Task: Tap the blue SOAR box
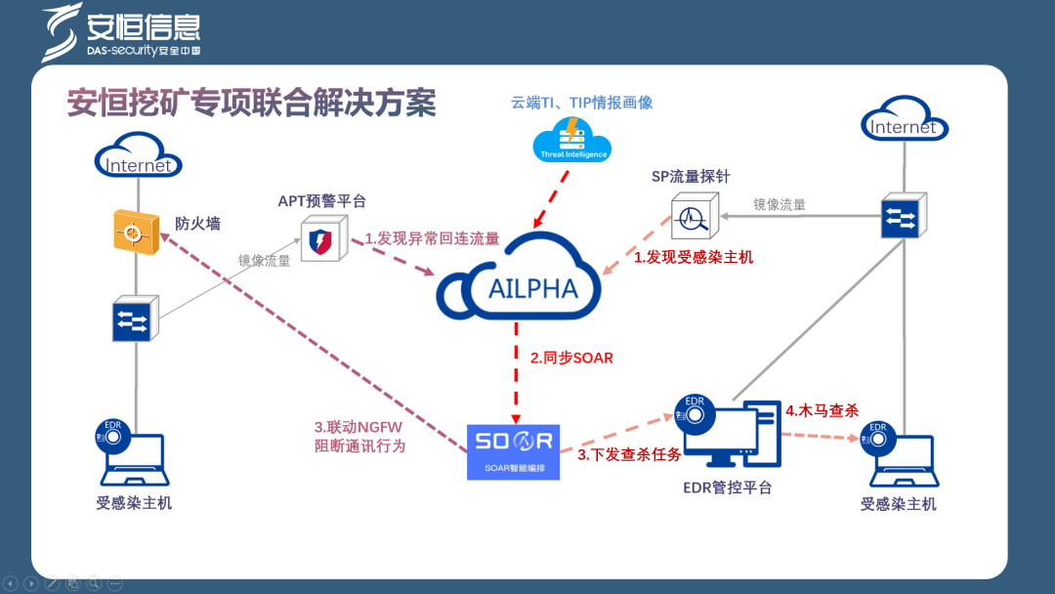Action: click(514, 450)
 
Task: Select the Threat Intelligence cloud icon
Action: click(571, 140)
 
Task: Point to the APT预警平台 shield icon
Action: click(320, 240)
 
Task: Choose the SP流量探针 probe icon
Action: click(695, 216)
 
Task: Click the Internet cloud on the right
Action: click(904, 123)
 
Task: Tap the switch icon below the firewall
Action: click(133, 318)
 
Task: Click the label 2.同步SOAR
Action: click(571, 358)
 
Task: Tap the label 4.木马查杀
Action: click(823, 410)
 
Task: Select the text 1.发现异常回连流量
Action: click(432, 238)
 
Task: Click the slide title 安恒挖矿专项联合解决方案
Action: click(251, 102)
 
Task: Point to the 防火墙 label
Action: click(197, 224)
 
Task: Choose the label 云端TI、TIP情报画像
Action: click(581, 102)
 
